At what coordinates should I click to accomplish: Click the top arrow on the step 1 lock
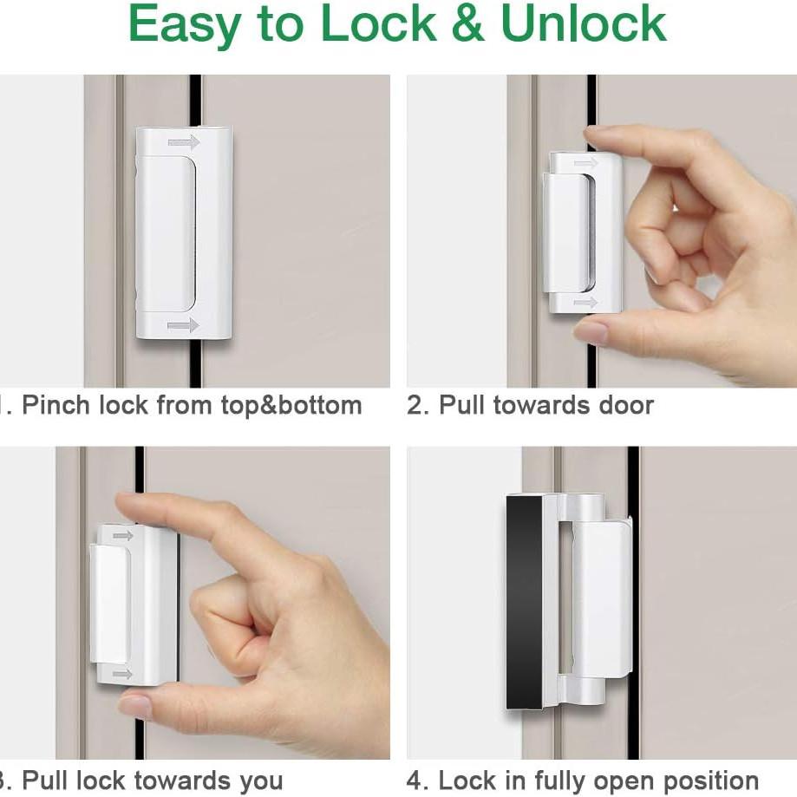(183, 141)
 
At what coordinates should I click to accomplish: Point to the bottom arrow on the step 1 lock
(183, 325)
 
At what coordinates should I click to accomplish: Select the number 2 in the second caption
(415, 405)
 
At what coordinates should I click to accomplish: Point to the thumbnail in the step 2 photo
(591, 331)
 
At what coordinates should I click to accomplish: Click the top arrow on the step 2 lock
(585, 162)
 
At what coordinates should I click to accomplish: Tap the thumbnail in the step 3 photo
(135, 706)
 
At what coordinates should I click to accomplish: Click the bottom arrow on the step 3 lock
(122, 673)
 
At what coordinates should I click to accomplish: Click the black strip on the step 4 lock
(524, 598)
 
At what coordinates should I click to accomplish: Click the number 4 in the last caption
(415, 781)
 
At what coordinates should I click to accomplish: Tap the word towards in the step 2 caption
(539, 405)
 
